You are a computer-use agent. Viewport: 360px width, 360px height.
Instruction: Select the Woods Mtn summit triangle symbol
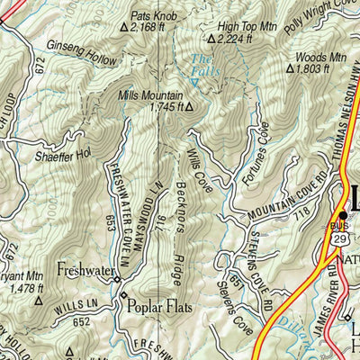[x=289, y=68]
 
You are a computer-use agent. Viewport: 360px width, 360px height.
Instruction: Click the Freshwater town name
[x=86, y=269]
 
